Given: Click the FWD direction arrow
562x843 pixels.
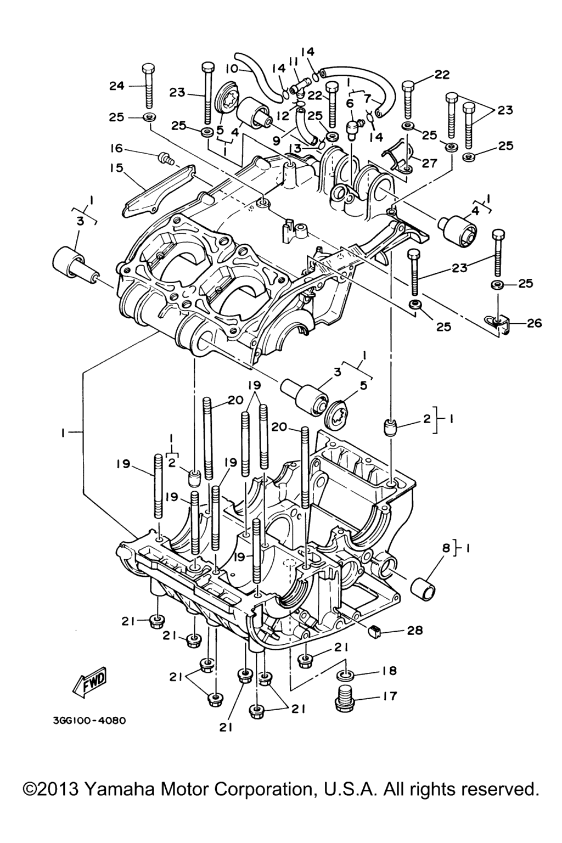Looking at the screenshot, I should click(90, 682).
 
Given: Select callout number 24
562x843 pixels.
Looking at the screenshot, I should click(117, 86).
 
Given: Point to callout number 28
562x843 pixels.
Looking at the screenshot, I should click(415, 631).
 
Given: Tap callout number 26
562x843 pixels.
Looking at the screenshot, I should click(533, 323).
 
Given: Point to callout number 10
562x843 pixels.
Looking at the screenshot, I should click(232, 69).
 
